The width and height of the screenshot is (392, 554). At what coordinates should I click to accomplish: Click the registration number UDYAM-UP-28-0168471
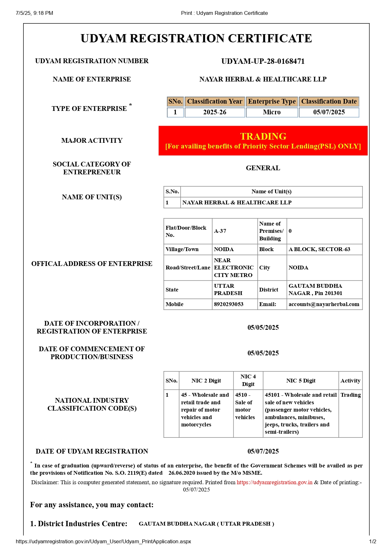tap(263, 61)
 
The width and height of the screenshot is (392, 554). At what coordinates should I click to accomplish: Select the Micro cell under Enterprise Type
tap(272, 112)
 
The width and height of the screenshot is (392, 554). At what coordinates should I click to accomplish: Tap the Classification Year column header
tap(215, 101)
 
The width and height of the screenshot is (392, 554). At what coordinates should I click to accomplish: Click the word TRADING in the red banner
tap(263, 136)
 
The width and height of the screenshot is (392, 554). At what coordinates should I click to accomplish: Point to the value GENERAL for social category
tap(263, 168)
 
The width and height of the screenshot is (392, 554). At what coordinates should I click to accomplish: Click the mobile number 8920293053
tap(229, 304)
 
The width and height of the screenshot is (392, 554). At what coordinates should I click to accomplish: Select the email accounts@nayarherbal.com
tap(324, 304)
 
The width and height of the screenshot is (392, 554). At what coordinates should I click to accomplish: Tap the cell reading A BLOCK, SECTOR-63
tap(319, 249)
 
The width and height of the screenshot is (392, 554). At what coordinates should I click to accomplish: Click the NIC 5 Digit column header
tap(301, 381)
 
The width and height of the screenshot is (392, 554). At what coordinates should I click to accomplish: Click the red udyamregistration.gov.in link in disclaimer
tap(274, 482)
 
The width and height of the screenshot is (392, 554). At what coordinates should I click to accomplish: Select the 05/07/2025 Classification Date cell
tap(329, 112)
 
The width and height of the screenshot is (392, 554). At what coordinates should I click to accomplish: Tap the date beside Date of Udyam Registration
tap(263, 451)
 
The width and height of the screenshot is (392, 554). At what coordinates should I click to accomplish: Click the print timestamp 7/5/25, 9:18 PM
tap(34, 13)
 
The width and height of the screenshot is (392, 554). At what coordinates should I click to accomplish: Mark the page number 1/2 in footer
tap(372, 541)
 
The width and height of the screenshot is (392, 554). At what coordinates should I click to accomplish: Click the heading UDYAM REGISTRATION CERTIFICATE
tap(196, 39)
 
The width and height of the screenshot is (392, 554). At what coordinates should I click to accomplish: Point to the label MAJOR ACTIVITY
tap(92, 141)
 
